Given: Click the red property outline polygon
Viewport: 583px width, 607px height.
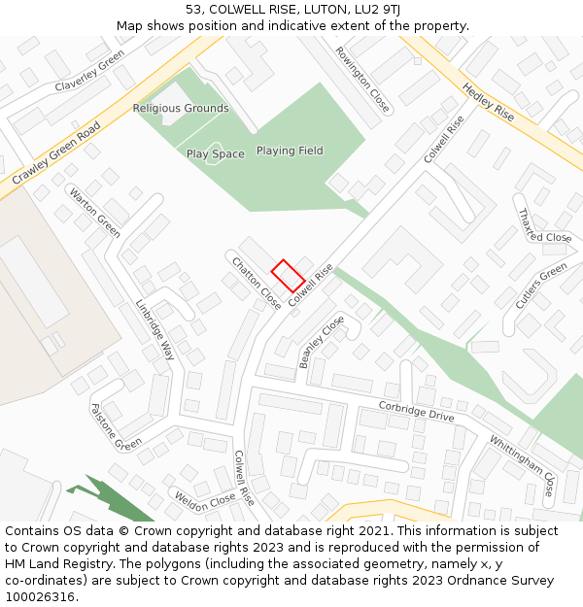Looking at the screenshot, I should (x=288, y=276).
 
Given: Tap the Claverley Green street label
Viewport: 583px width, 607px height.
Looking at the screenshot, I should (x=89, y=72).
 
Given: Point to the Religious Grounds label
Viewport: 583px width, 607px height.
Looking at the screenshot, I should (x=181, y=109).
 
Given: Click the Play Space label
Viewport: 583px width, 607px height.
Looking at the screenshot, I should (x=216, y=154).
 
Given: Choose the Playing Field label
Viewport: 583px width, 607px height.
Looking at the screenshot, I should (x=290, y=151).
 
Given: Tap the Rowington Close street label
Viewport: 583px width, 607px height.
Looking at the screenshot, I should (x=362, y=80).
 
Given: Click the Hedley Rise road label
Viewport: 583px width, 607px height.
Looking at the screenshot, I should (x=488, y=102).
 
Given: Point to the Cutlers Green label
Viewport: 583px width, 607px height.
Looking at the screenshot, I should (x=540, y=287).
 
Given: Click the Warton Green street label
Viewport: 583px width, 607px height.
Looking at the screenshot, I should (x=94, y=212).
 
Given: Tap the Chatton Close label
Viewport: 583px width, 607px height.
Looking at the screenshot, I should (x=256, y=283).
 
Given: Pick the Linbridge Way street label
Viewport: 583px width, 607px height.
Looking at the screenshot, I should (x=154, y=329).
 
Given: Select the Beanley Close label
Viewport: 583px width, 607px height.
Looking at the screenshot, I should (x=322, y=341).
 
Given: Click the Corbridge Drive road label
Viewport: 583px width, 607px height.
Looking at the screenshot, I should (x=416, y=411).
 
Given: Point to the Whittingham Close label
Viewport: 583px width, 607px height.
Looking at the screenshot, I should (x=522, y=465).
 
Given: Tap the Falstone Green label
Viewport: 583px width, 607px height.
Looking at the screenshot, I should (x=116, y=427).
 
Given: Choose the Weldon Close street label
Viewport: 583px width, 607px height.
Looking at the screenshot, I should (x=205, y=499).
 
